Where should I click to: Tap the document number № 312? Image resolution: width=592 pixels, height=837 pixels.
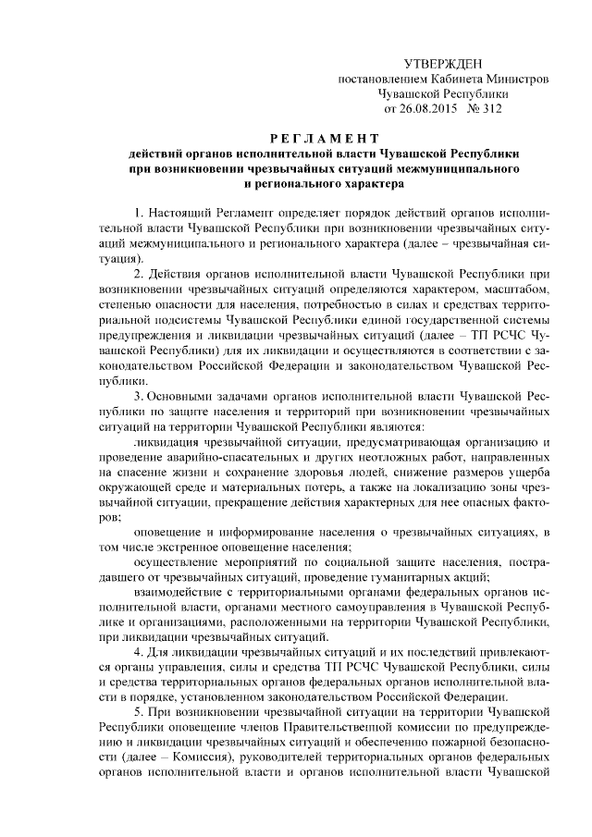[x=483, y=107]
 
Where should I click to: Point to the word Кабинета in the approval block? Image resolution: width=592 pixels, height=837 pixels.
[x=448, y=78]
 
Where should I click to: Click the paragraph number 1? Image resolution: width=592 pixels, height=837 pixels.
[x=138, y=215]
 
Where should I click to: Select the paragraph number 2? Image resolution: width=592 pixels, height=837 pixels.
[x=138, y=276]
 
